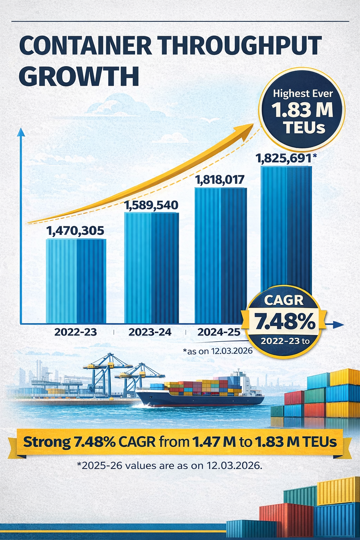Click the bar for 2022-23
(76, 281)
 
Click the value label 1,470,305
(75, 231)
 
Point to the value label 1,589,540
(152, 205)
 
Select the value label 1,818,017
(220, 180)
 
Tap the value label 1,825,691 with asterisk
(285, 159)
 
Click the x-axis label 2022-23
(76, 332)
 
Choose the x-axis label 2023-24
(150, 332)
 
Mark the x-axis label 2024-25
(219, 332)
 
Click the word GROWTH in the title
(79, 76)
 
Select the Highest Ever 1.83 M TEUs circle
(302, 110)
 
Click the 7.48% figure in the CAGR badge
(285, 321)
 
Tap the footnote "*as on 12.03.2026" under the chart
(218, 351)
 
